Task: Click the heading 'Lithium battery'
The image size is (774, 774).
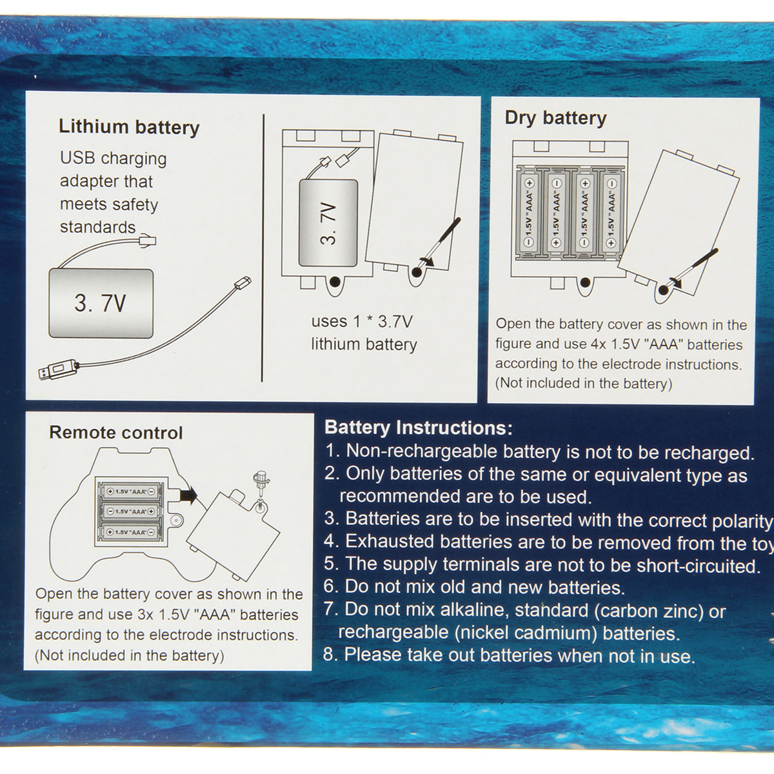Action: tap(129, 128)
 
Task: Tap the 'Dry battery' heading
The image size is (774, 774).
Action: tap(555, 119)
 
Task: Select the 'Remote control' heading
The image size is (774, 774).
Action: tap(116, 433)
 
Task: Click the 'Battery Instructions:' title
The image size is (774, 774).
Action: tap(419, 428)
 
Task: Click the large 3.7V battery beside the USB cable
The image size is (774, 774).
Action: tap(101, 303)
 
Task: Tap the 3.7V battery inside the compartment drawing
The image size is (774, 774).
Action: tap(328, 223)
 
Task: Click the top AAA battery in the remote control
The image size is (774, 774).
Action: tap(130, 491)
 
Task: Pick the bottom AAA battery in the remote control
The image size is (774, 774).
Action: tap(130, 532)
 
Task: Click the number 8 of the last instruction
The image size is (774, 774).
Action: tap(329, 655)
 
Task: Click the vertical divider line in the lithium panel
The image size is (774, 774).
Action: tap(263, 248)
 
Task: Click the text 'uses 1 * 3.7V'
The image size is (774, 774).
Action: tap(362, 322)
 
